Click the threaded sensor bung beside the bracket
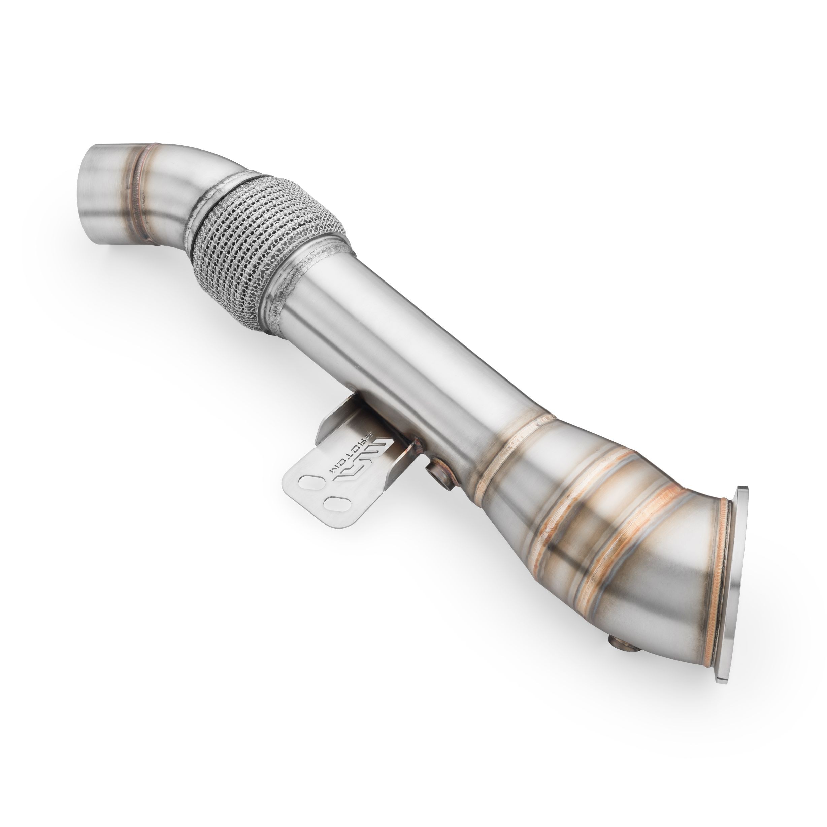(x=439, y=475)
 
